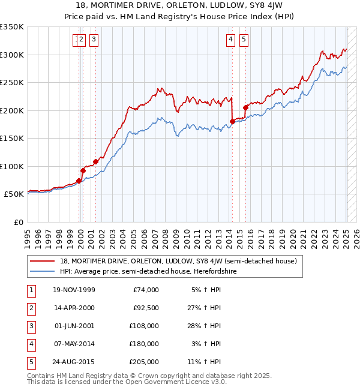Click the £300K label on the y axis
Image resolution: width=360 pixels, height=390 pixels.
[12, 55]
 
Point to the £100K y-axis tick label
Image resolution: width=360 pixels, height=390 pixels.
[12, 166]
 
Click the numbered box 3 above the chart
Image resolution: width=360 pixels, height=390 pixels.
[95, 40]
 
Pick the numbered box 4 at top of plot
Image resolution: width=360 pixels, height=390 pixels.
[231, 40]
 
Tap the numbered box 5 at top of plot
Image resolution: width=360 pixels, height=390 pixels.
[244, 40]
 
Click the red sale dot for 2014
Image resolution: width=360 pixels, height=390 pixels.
[232, 122]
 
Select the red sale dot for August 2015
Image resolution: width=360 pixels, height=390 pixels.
[245, 107]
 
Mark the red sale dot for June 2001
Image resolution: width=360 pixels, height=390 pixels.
[95, 161]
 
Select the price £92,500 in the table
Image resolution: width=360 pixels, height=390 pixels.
[145, 308]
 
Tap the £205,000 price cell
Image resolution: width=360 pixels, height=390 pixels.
[145, 362]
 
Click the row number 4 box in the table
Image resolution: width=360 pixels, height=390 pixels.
[31, 344]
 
